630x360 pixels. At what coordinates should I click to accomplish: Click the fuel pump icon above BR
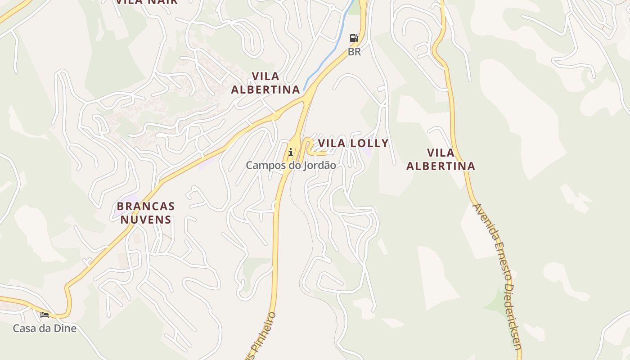(x=354, y=38)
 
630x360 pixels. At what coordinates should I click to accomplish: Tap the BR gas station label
(x=354, y=52)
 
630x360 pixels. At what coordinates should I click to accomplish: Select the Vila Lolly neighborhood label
(x=353, y=143)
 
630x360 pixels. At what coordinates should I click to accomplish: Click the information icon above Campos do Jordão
(x=291, y=152)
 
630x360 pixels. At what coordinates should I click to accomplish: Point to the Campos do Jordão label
(x=291, y=165)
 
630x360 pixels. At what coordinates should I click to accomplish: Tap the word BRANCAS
(x=145, y=206)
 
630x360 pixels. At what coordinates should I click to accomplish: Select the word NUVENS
(x=145, y=220)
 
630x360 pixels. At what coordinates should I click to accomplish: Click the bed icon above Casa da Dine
(x=45, y=315)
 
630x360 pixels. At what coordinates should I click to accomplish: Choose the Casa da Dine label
(x=45, y=328)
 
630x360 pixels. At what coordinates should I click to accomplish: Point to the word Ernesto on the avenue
(x=501, y=262)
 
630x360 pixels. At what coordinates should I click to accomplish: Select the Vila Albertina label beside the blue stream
(x=265, y=83)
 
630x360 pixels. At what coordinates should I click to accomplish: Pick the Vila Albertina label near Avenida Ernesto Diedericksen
(x=441, y=159)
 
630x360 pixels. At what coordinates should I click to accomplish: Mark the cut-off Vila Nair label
(x=147, y=2)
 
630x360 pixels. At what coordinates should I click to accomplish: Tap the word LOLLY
(x=369, y=143)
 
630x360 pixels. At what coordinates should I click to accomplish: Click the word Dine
(x=65, y=328)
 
